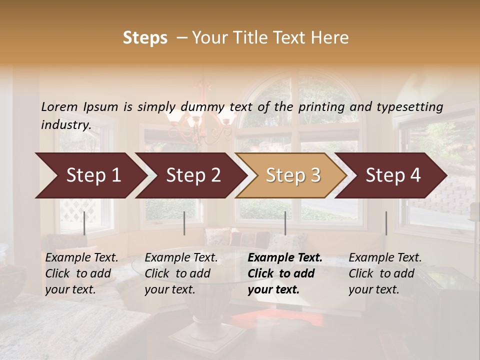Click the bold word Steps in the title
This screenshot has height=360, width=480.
coord(145,38)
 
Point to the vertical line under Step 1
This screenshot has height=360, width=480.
coord(84,223)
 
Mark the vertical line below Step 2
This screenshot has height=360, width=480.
coord(184,223)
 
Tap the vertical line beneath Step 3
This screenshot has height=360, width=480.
coord(285,223)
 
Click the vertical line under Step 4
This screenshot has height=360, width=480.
coord(386,223)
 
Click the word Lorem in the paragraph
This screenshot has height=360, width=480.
coord(59,107)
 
